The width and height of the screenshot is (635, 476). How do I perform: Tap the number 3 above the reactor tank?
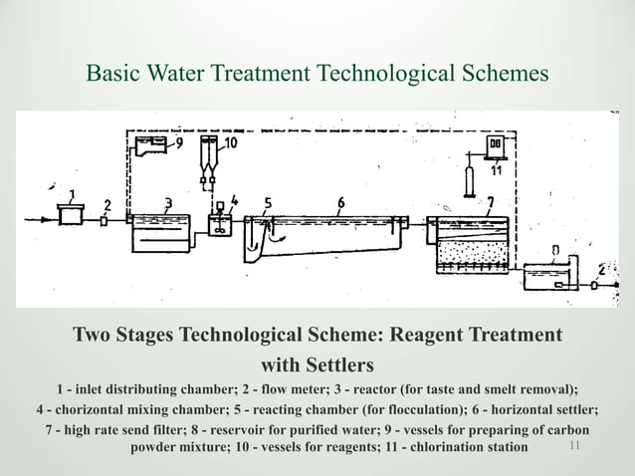[x=169, y=202]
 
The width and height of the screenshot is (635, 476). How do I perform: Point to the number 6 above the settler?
[x=341, y=203]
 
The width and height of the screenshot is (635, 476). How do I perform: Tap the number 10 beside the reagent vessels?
[x=230, y=144]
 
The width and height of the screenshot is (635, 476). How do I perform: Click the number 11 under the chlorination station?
[x=495, y=169]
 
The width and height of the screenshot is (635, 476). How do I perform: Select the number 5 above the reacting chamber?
[x=268, y=203]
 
